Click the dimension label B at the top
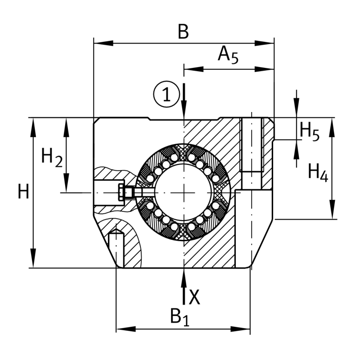click(x=183, y=31)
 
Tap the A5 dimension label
click(x=228, y=54)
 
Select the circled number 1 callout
click(x=166, y=94)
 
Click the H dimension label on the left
click(x=23, y=191)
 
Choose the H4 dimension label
click(x=318, y=173)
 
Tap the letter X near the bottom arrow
click(x=194, y=297)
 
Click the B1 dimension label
click(x=180, y=317)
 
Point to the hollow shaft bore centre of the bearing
click(x=184, y=193)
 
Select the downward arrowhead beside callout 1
click(x=184, y=110)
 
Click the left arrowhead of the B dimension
click(x=103, y=43)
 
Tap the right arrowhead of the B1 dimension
click(x=240, y=329)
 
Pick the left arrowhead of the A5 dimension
click(x=194, y=69)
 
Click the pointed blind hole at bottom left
click(x=116, y=248)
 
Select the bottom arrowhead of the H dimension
click(x=33, y=258)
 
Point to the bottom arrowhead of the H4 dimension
click(x=332, y=209)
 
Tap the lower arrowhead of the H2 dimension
click(x=66, y=183)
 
